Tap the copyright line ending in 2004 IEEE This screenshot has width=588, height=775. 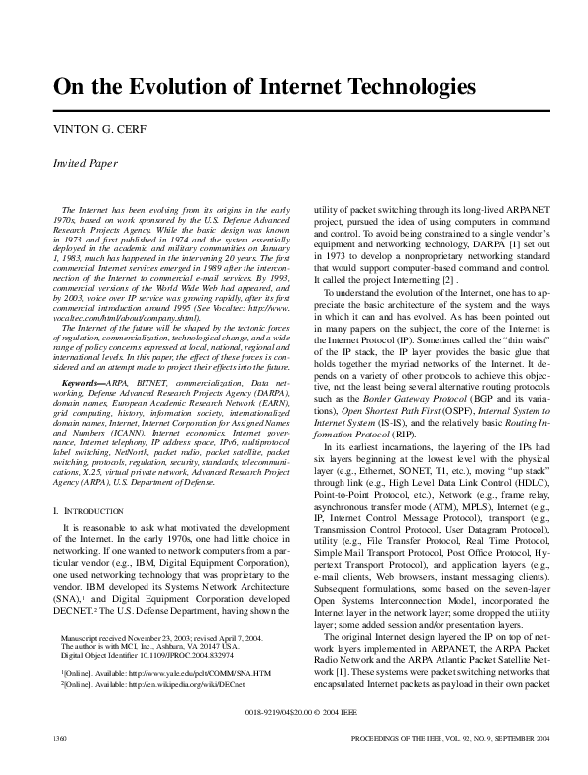(294, 739)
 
